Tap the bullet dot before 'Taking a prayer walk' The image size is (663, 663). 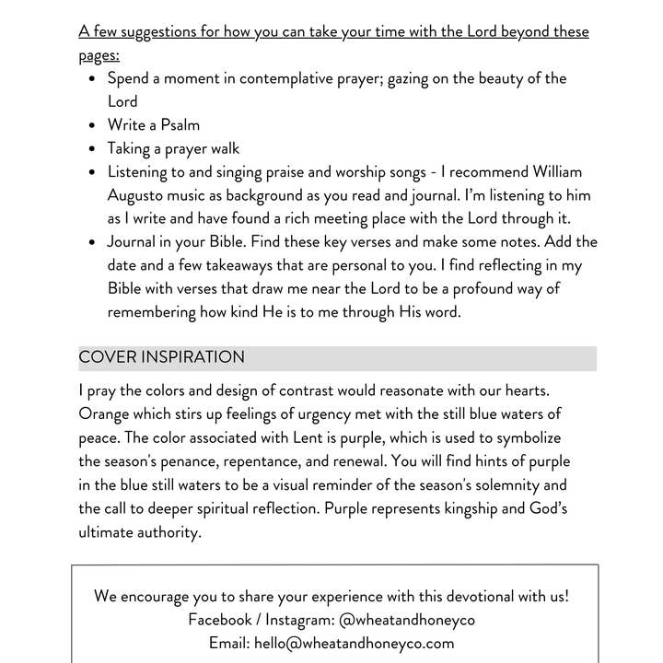93,148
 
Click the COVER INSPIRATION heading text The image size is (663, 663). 162,357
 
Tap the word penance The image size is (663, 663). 188,461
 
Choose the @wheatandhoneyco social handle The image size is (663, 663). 407,620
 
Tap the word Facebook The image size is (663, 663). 219,620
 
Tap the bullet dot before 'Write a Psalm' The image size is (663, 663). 93,125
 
